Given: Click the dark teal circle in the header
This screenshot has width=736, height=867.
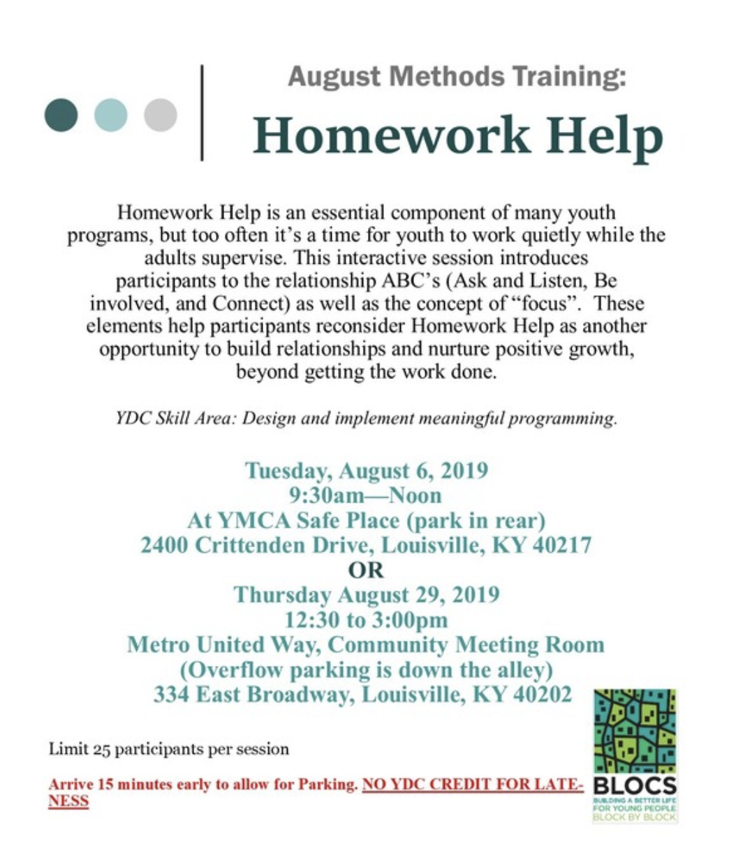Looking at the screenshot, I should click(x=61, y=114).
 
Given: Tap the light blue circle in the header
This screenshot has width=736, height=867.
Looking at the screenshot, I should click(x=110, y=114).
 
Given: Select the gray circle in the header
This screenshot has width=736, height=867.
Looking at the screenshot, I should click(x=160, y=114).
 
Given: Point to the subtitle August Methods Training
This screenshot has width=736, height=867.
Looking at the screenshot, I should click(x=457, y=76).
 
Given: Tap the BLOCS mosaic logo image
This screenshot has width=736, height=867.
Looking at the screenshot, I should click(x=635, y=730).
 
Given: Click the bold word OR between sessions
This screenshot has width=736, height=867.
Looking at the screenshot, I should click(x=367, y=570).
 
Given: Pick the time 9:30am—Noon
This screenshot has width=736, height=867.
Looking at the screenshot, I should click(x=366, y=495).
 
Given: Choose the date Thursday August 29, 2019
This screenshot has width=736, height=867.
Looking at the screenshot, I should click(x=367, y=595).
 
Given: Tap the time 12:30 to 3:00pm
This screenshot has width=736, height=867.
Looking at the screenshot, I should click(x=366, y=620).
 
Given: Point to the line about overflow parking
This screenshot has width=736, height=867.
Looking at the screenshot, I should click(x=367, y=669).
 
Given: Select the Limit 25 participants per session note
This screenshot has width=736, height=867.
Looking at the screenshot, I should click(x=169, y=749).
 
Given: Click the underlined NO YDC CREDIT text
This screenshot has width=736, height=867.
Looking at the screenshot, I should click(x=472, y=784).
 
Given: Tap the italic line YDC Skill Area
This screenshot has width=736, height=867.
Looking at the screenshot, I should click(x=367, y=418).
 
